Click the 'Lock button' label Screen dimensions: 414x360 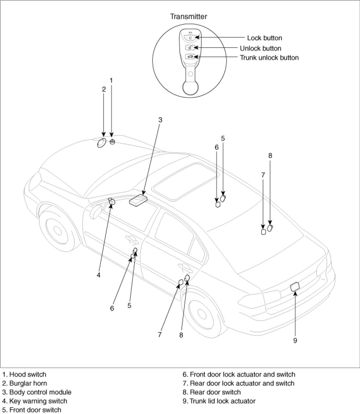pos(264,38)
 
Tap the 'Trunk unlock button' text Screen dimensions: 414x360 pos(269,58)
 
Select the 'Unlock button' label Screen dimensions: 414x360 pos(260,48)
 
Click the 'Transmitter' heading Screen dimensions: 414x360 pos(189,16)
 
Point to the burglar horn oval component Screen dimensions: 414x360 pos(101,143)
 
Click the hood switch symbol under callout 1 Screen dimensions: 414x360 pos(112,142)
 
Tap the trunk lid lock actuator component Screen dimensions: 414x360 pos(295,287)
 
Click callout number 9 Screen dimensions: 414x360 pos(295,340)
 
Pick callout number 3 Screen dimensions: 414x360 pos(160,120)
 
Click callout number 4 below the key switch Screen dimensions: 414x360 pos(98,275)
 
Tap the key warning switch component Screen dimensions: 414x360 pos(111,202)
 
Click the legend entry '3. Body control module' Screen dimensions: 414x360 pos(37,392)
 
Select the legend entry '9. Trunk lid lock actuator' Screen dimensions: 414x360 pos(219,401)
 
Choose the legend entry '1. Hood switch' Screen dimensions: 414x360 pos(24,374)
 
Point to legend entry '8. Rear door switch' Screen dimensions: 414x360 pos(212,392)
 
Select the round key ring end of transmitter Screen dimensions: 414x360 pos(190,86)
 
